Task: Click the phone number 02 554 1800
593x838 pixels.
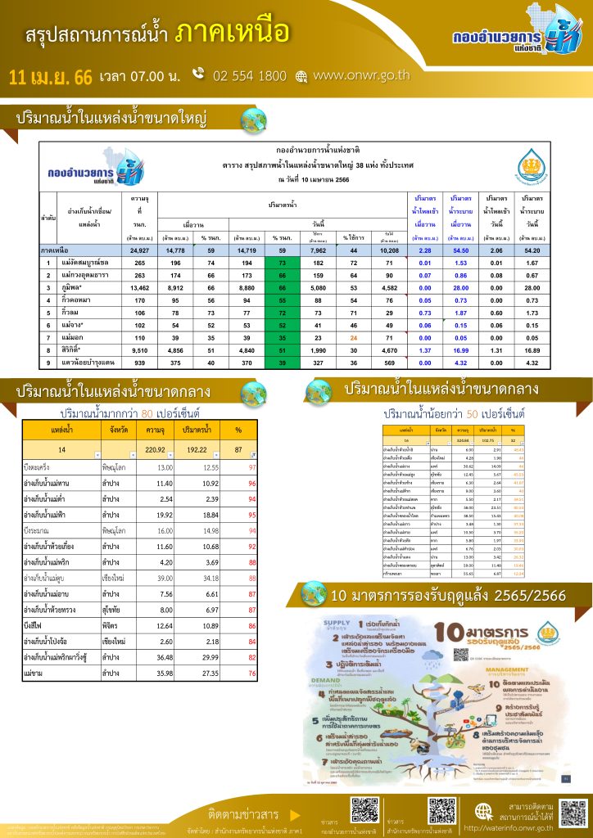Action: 249,76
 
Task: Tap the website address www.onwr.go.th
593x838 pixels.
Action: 360,76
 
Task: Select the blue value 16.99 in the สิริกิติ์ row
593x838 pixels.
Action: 460,349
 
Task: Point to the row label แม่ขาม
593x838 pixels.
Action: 35,673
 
